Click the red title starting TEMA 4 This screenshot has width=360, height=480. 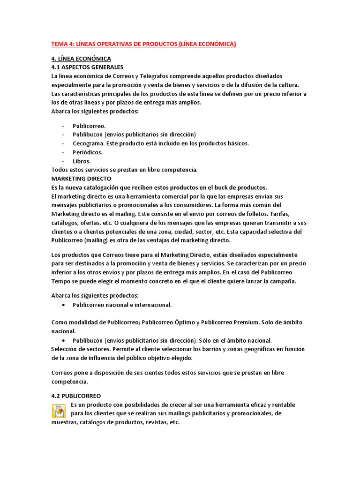pyautogui.click(x=143, y=44)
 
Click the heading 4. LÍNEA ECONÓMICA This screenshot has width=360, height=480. pyautogui.click(x=81, y=59)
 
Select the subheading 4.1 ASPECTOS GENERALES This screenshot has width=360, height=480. pyautogui.click(x=87, y=67)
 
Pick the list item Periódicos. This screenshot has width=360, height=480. pyautogui.click(x=87, y=152)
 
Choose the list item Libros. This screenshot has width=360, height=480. pyautogui.click(x=82, y=161)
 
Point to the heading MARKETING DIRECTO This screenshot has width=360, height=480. pyautogui.click(x=81, y=179)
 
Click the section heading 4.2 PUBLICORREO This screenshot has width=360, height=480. pyautogui.click(x=76, y=396)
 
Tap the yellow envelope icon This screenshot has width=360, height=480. pyautogui.click(x=59, y=411)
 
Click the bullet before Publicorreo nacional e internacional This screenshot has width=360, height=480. pyautogui.click(x=63, y=305)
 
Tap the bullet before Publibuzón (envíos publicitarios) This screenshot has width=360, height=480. pyautogui.click(x=63, y=340)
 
